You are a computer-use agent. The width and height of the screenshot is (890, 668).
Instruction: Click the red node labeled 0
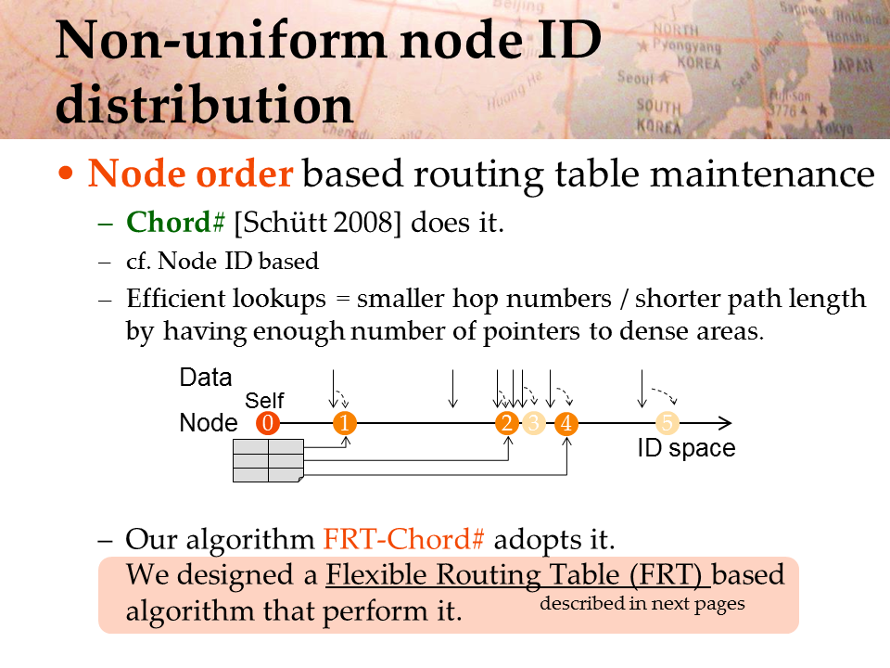tap(268, 423)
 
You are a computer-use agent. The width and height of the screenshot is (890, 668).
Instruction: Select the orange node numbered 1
tap(345, 423)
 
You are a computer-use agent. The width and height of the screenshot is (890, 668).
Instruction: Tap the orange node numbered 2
tap(507, 423)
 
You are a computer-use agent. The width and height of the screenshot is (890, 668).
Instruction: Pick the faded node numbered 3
tap(534, 423)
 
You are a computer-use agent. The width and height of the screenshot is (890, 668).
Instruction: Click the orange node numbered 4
tap(566, 423)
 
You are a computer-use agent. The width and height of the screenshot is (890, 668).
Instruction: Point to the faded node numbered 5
tap(667, 423)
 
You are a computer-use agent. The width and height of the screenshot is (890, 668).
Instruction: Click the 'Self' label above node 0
tap(264, 401)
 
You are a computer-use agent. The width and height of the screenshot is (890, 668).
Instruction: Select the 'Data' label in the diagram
tap(206, 378)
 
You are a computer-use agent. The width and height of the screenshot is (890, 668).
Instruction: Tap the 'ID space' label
tap(686, 448)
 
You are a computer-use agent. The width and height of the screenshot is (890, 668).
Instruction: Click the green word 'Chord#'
tap(175, 222)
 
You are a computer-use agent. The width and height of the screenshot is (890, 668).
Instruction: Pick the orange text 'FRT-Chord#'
tap(403, 538)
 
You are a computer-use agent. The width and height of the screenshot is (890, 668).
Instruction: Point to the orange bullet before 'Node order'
tap(66, 173)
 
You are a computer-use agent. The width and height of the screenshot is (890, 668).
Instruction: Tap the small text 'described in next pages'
tap(642, 603)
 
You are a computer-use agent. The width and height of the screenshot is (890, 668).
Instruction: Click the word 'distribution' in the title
tap(204, 105)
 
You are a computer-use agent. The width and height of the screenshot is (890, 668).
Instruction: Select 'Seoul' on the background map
tap(635, 77)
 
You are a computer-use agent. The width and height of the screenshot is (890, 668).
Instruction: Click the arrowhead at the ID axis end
tap(725, 423)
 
